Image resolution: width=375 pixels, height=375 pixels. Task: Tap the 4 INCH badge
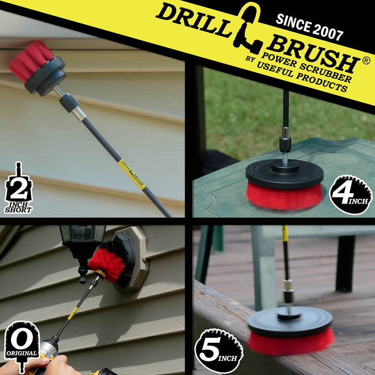[351, 195]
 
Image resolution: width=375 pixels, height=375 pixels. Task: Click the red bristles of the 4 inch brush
[284, 196]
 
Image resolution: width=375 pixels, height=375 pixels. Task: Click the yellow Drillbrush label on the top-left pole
[131, 173]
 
